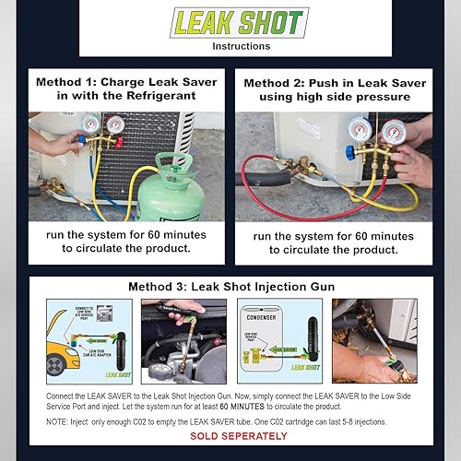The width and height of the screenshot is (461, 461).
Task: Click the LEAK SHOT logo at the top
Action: pyautogui.click(x=230, y=22)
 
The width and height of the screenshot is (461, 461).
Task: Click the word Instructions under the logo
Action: pyautogui.click(x=230, y=45)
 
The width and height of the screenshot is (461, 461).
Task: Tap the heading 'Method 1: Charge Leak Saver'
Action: pyautogui.click(x=125, y=82)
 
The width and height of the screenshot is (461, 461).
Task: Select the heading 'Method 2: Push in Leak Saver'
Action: pyautogui.click(x=334, y=82)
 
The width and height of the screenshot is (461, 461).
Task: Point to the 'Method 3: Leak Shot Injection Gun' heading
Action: pyautogui.click(x=230, y=287)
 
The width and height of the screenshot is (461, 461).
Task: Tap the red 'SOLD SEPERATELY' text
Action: pyautogui.click(x=230, y=434)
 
